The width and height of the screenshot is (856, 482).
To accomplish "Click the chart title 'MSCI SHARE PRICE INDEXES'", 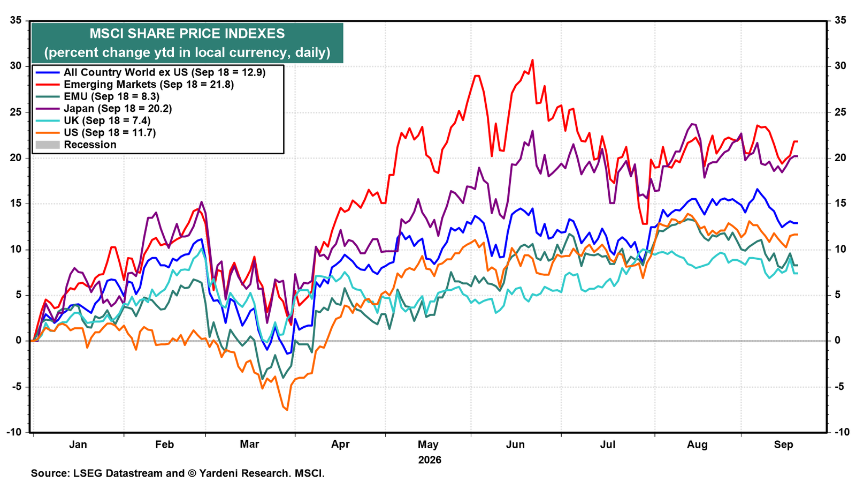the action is (x=187, y=34).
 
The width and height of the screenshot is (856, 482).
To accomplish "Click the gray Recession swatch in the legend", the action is (x=48, y=145).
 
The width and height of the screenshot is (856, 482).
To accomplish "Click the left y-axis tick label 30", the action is (x=16, y=66).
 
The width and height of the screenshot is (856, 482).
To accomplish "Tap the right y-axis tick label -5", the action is (x=839, y=387).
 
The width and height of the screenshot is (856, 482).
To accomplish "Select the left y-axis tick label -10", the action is (x=14, y=432).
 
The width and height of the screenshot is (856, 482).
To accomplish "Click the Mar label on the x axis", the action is (x=249, y=444).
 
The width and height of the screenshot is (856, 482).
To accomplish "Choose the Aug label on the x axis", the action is (x=698, y=445).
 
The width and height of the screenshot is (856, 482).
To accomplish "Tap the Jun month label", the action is (x=515, y=445).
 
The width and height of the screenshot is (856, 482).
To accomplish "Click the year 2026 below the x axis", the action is (x=430, y=460).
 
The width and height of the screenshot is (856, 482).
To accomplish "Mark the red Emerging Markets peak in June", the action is (x=532, y=60).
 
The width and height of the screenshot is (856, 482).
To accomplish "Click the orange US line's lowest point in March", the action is (x=287, y=410).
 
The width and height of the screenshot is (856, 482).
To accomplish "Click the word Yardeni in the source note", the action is (x=220, y=473).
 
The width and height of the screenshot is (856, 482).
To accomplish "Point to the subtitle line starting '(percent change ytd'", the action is (x=187, y=52).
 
